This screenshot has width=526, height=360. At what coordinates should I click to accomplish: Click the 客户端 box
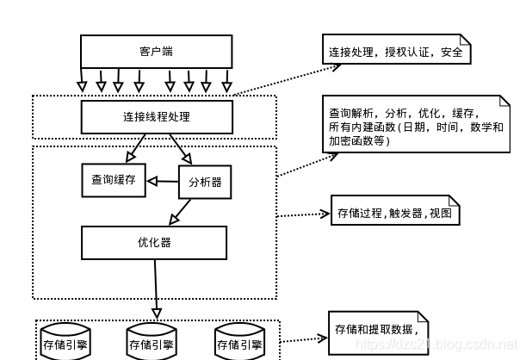click(x=156, y=52)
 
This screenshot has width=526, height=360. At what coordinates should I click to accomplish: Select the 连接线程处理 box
click(x=156, y=116)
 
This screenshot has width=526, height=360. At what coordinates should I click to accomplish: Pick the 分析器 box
click(x=204, y=182)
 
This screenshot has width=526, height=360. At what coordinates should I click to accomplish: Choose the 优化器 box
click(x=154, y=242)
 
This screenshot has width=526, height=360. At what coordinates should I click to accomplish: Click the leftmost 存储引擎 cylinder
click(x=66, y=342)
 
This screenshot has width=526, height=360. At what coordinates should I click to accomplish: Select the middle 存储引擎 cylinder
click(x=152, y=342)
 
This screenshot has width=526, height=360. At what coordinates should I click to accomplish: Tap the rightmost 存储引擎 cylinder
click(x=238, y=342)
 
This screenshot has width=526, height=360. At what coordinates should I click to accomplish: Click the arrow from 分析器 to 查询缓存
click(x=161, y=181)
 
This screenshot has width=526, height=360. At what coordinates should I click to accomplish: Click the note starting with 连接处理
click(x=396, y=53)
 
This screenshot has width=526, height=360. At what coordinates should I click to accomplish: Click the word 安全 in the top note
click(x=451, y=53)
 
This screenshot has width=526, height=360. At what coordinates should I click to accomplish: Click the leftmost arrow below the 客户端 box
click(x=83, y=81)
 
